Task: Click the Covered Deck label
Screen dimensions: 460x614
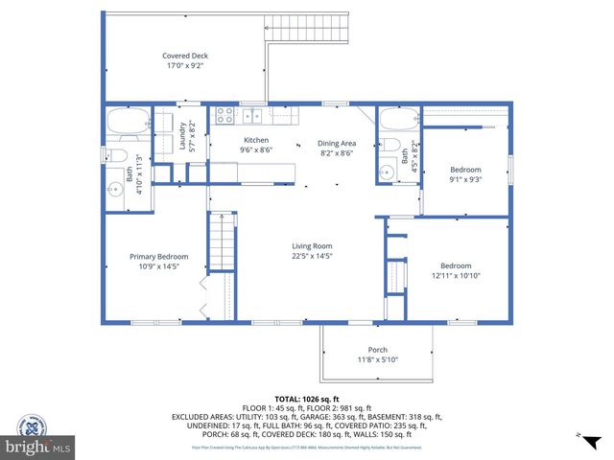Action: point(185,56)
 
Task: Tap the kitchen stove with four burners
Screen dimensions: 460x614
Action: point(224,116)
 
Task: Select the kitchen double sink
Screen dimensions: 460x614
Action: point(252,116)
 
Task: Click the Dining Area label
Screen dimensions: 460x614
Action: point(337,143)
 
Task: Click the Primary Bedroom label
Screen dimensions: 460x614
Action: point(159,256)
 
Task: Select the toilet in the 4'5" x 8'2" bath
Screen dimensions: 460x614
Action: point(392,146)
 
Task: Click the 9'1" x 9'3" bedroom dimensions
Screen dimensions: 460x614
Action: point(464,178)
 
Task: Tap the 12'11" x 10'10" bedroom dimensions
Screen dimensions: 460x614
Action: point(455,276)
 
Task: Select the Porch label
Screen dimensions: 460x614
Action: point(378,350)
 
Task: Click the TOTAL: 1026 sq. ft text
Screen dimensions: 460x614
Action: point(306,397)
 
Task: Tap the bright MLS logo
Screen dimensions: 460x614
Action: point(38,447)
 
